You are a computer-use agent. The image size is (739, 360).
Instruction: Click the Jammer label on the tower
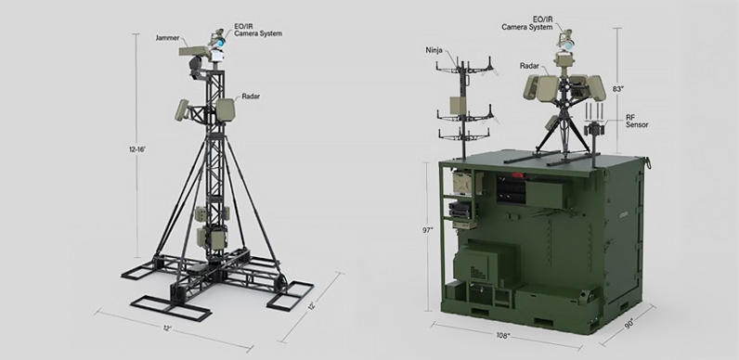166,38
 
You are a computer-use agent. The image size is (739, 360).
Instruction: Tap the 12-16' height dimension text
137,149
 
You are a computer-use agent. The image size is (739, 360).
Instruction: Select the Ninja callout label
434,50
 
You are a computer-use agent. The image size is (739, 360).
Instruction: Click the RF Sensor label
637,121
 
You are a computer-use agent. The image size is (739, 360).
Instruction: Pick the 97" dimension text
427,230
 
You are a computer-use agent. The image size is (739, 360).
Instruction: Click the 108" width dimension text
503,336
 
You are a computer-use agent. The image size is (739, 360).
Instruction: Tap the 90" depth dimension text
629,325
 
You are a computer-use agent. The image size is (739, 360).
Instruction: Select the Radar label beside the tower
251,96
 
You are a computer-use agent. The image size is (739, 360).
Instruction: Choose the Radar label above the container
529,66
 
